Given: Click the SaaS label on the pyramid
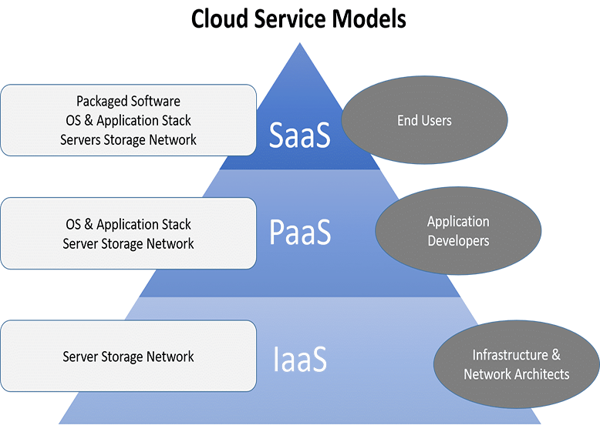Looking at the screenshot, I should (299, 134).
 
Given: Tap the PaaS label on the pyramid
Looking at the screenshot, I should (300, 232).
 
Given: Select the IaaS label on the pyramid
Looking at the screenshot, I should (300, 359).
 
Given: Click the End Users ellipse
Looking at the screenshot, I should (424, 120).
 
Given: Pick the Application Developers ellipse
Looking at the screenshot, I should (458, 231).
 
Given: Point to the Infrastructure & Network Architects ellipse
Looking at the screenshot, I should (516, 365).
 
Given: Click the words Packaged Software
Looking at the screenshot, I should (128, 101).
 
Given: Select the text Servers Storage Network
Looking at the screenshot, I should (128, 139).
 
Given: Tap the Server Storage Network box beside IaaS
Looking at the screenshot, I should (128, 357).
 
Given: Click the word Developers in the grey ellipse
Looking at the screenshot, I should (458, 241).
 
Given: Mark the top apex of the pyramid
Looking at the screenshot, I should (300, 44).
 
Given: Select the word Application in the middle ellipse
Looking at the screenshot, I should (458, 222).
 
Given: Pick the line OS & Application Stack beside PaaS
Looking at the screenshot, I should (128, 224).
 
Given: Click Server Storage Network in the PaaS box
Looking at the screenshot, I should (128, 243).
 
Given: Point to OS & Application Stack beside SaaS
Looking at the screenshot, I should (128, 120).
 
